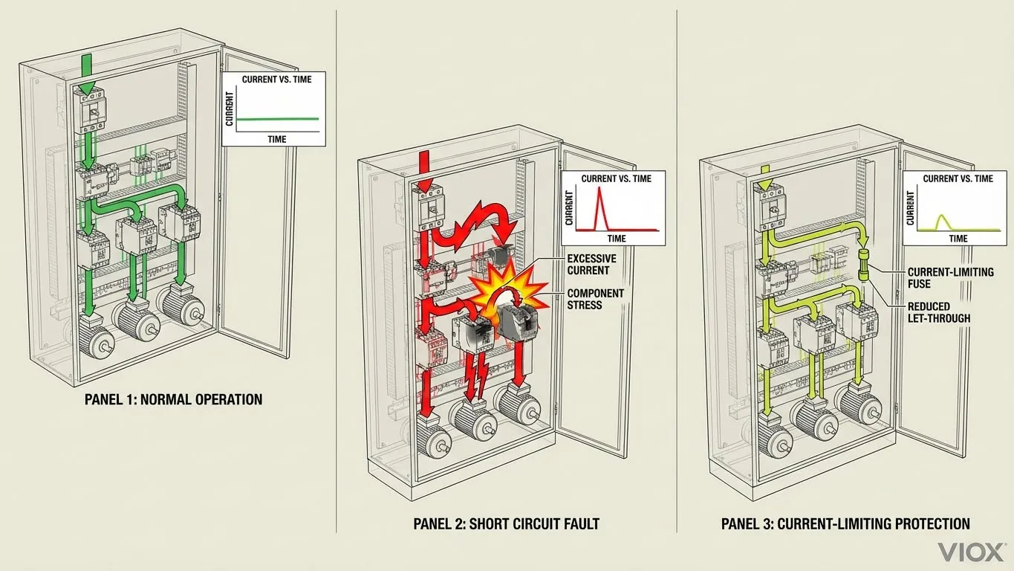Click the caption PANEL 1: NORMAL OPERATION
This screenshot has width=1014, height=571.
173,400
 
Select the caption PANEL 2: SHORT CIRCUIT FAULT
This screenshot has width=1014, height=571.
506,524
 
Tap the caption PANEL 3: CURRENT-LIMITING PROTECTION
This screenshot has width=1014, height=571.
845,524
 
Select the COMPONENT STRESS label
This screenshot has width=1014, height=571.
595,300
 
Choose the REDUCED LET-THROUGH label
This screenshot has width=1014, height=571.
939,312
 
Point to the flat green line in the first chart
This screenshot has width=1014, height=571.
278,119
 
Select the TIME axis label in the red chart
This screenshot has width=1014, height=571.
617,238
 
